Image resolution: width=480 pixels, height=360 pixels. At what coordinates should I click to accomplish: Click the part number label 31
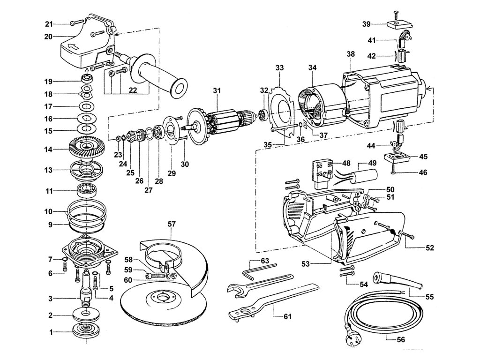coord(217,90)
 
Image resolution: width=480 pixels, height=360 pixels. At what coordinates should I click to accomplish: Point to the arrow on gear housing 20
coord(74,47)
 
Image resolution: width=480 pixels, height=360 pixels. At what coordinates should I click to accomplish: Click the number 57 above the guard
coord(172,224)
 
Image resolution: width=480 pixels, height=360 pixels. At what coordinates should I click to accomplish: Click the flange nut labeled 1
coord(86,331)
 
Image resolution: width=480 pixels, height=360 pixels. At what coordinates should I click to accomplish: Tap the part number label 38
coord(351,54)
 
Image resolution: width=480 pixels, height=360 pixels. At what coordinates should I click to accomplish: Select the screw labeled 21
coord(77,23)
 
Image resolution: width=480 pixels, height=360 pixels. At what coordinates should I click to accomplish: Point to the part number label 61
coord(287,316)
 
